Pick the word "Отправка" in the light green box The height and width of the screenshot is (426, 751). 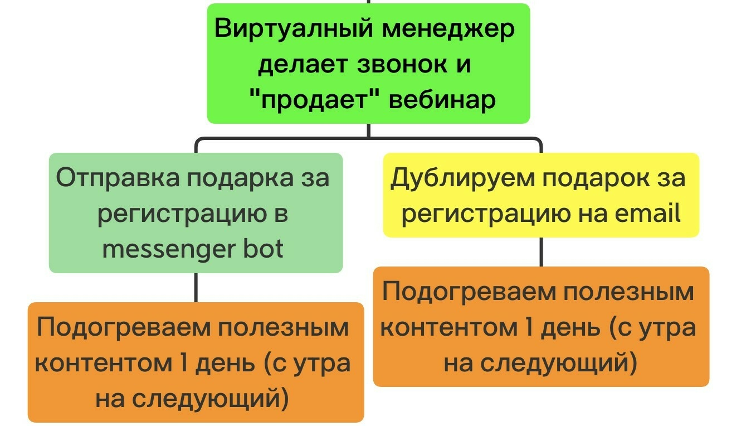[117, 178]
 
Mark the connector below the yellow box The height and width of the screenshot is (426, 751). [541, 252]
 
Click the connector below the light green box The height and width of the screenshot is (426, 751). [196, 288]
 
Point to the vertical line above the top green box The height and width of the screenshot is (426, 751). [368, 2]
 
